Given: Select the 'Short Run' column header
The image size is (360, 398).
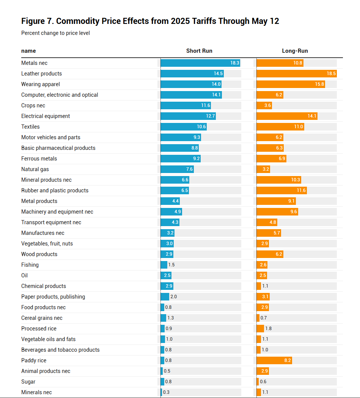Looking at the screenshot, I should click(x=199, y=51).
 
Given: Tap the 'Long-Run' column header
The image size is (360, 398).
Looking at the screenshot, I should click(x=295, y=51).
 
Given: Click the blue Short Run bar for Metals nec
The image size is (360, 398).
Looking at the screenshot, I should click(x=200, y=63).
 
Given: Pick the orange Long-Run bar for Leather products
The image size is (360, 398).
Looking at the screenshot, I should click(x=296, y=74).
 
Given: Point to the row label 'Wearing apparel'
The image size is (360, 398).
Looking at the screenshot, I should click(x=41, y=84).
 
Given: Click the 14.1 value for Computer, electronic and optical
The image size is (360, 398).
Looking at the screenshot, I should click(x=217, y=95).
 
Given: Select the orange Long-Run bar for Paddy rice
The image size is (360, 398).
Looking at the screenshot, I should click(x=274, y=360).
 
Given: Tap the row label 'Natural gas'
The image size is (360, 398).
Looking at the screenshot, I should click(x=35, y=169).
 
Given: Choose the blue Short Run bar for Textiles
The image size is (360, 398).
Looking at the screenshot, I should click(x=183, y=127).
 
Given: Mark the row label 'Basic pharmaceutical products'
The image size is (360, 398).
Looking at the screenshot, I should click(x=58, y=148).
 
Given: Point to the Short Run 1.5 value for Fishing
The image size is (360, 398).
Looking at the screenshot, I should click(x=171, y=265).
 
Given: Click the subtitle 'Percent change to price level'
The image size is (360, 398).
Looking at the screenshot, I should click(x=55, y=33).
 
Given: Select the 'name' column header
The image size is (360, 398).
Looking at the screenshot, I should click(x=28, y=51).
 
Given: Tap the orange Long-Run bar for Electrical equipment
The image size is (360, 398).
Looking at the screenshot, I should click(x=287, y=116).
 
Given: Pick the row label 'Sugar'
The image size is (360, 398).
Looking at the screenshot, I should click(x=28, y=382).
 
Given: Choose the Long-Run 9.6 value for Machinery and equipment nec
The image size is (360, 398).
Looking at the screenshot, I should click(x=294, y=212).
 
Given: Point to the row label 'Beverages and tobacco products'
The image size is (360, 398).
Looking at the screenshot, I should click(x=60, y=350).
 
